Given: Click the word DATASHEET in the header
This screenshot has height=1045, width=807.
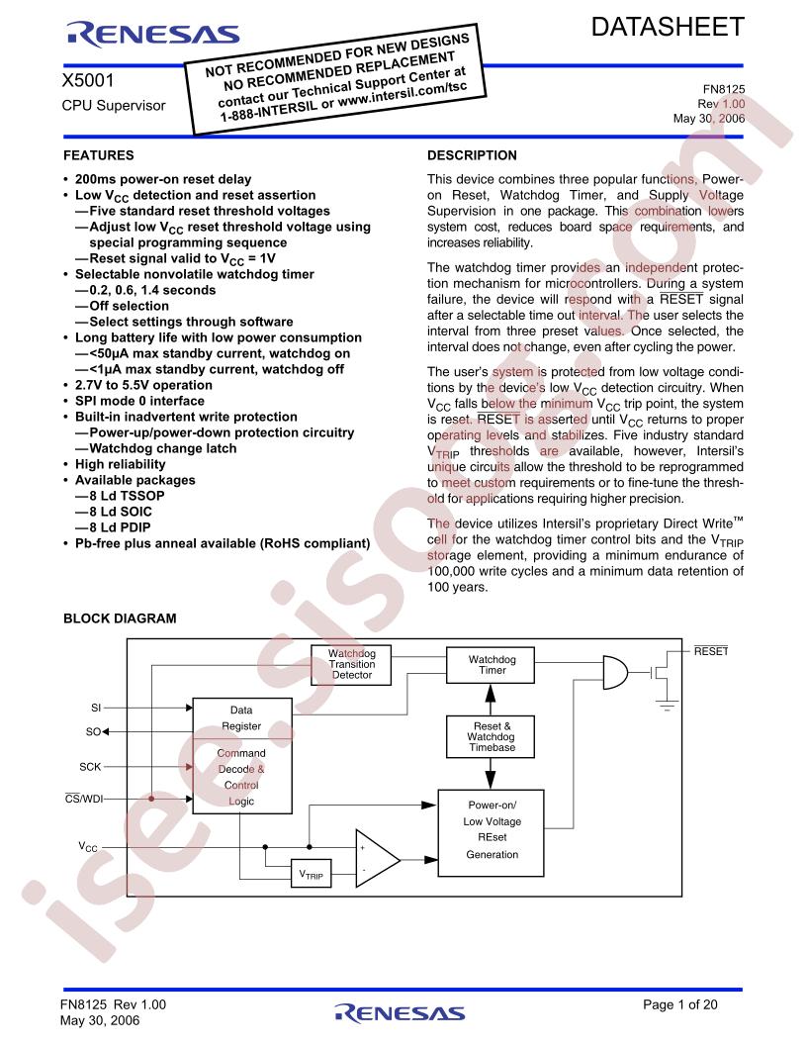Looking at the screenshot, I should click(669, 28).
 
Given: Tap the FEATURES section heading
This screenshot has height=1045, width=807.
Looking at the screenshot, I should click(99, 155).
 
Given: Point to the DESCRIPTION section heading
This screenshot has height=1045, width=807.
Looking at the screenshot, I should click(472, 155).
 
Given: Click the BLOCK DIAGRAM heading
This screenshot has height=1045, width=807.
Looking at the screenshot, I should click(120, 618).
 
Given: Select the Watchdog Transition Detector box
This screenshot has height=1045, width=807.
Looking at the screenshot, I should click(351, 664).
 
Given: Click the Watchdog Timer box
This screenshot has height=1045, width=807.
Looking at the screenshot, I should click(486, 664).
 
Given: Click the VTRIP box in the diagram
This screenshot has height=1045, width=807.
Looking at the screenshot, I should click(312, 875).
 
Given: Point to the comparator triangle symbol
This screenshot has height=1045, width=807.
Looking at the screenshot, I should click(375, 858).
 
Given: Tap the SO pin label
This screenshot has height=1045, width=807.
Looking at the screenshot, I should click(92, 732).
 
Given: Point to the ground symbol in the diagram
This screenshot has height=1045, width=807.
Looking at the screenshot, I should click(670, 704).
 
